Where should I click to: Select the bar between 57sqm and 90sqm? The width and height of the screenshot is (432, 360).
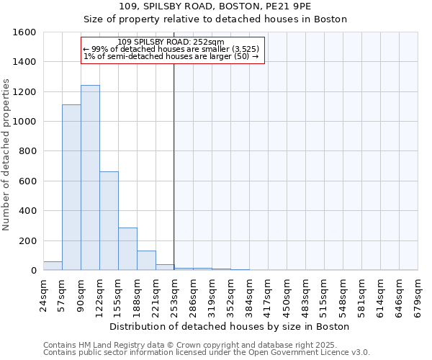(71, 187)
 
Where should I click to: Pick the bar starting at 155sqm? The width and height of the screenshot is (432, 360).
(127, 249)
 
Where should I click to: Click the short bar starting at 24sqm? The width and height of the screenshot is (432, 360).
(53, 266)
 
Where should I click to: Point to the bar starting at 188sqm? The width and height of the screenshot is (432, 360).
(146, 261)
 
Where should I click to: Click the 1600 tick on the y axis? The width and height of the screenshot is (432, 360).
(26, 32)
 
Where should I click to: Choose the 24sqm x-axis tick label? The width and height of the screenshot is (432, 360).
(43, 293)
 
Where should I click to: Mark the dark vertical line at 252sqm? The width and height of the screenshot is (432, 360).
(174, 166)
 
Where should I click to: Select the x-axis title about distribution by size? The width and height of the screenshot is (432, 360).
(230, 326)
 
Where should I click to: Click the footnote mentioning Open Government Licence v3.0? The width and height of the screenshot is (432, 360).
(206, 353)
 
